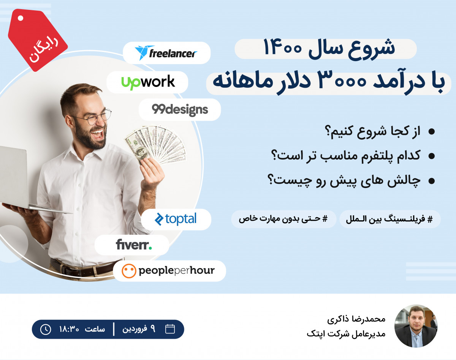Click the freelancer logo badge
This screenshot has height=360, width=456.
pyautogui.click(x=166, y=53)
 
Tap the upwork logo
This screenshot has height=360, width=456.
pyautogui.click(x=148, y=82)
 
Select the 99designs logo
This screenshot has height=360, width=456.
pyautogui.click(x=180, y=110)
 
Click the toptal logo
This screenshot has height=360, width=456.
pyautogui.click(x=176, y=219)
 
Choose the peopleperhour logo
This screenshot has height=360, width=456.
pyautogui.click(x=169, y=271)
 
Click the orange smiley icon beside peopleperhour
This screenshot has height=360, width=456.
pyautogui.click(x=129, y=271)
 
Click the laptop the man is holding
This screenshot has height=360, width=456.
pyautogui.click(x=15, y=178)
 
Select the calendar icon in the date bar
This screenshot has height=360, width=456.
pyautogui.click(x=170, y=329)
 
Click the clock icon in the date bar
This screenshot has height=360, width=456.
pyautogui.click(x=45, y=329)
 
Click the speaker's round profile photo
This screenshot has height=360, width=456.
pyautogui.click(x=416, y=326)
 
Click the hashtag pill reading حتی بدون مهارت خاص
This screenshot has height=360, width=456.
pyautogui.click(x=283, y=219)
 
